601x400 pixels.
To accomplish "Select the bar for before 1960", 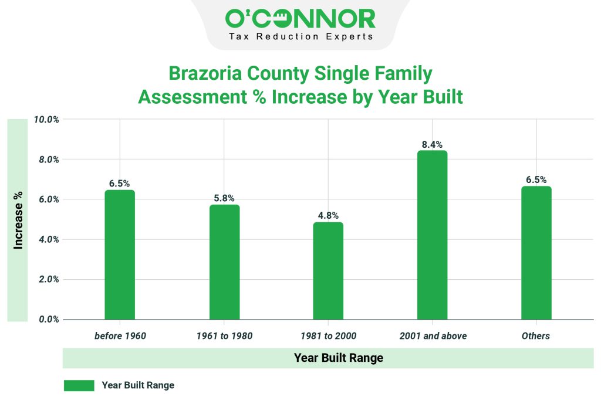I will [x=120, y=255].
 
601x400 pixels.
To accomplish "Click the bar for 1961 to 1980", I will [x=224, y=262].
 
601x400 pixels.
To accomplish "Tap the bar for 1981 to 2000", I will [x=328, y=270].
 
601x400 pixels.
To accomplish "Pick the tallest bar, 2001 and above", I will [x=432, y=235].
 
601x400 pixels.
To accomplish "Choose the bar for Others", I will [x=536, y=253].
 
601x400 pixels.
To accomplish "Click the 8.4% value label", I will [x=432, y=144].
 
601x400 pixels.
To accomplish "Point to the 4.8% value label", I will [x=328, y=216].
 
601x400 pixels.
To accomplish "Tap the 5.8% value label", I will [x=224, y=198].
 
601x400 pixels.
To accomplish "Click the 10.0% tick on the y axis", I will [x=47, y=120].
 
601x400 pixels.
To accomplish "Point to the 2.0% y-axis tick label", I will [x=49, y=280].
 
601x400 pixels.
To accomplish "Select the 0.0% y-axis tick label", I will [x=49, y=320].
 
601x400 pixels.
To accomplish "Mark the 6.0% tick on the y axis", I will [x=49, y=199].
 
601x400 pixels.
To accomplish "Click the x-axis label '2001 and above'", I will [x=433, y=336].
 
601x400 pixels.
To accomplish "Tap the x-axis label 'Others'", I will [x=536, y=336].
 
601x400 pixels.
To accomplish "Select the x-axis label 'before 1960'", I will [x=120, y=336].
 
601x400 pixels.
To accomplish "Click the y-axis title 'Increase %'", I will [x=18, y=220].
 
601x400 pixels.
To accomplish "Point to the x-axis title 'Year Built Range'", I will [x=338, y=358].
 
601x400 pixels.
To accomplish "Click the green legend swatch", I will [x=79, y=385].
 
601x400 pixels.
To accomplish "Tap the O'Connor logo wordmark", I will [x=300, y=19].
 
